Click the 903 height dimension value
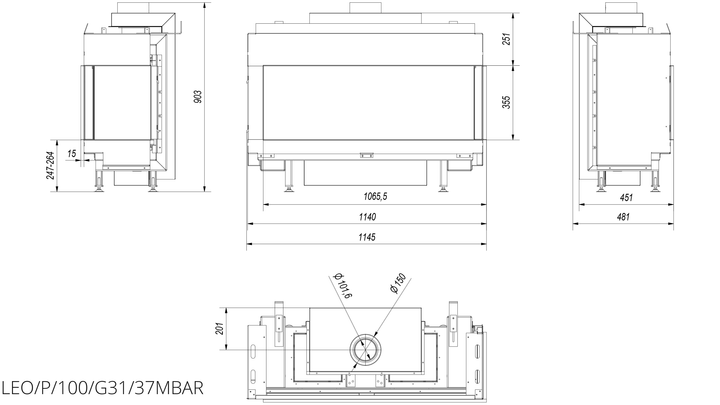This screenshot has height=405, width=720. [x=198, y=97]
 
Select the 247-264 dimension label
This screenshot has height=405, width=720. [x=50, y=165]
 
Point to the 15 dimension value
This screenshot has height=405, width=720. [x=72, y=153]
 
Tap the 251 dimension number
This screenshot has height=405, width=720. [x=506, y=39]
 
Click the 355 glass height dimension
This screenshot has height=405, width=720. [x=506, y=102]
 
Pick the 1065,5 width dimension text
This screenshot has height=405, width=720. [x=376, y=197]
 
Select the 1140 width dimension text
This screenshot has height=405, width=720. [x=367, y=217]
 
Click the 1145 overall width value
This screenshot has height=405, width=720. [x=367, y=237]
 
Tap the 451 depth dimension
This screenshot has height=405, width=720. [x=626, y=197]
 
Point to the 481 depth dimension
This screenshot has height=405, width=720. [x=623, y=217]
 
